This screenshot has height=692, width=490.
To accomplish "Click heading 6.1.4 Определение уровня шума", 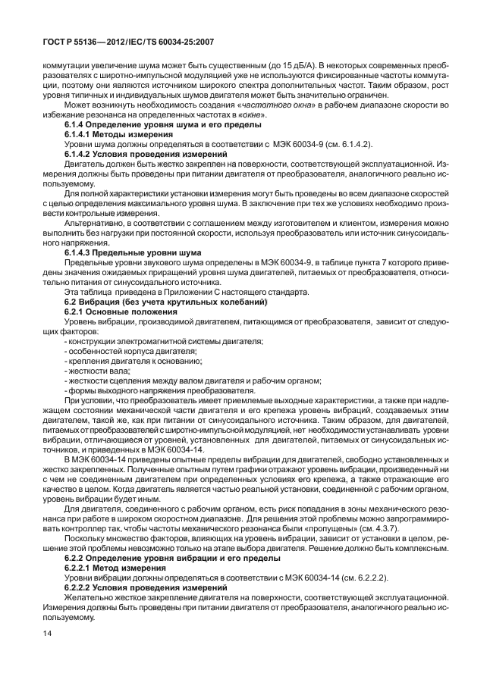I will tap(163, 124).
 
